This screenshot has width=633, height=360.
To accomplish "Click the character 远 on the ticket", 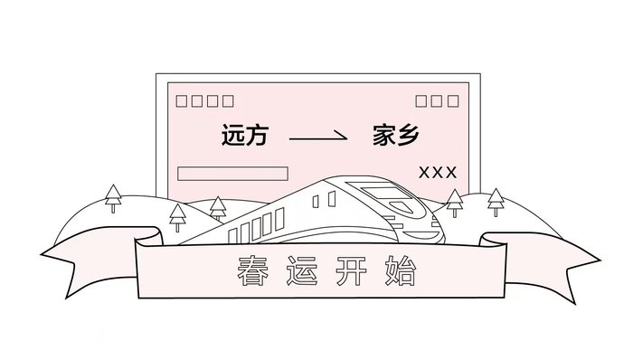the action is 233,137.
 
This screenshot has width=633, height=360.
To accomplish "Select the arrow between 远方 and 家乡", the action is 317,137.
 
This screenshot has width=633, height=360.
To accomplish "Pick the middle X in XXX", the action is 438,173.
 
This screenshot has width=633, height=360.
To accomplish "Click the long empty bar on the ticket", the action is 232,174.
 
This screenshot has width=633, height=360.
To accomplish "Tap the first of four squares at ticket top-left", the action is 182,101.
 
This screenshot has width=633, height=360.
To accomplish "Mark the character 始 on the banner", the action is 404,270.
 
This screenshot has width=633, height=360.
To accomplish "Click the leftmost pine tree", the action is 113,198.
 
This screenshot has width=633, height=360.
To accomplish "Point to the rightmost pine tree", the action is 495,201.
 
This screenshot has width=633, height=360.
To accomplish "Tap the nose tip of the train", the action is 440,233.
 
